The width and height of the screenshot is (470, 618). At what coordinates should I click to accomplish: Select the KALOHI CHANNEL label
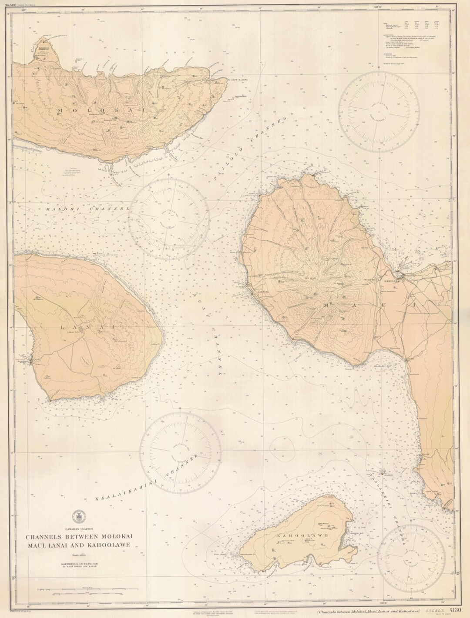pyautogui.click(x=87, y=209)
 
